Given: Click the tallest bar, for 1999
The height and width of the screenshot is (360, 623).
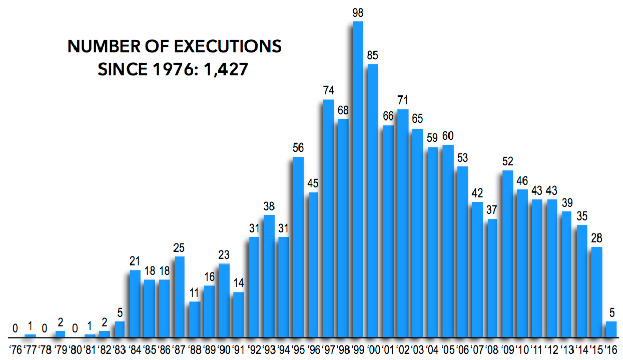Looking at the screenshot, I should click(358, 179).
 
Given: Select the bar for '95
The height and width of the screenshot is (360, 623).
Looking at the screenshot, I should click(298, 247).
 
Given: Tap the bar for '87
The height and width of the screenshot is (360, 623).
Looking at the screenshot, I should click(179, 297).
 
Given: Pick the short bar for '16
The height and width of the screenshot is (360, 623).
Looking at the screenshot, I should click(611, 329).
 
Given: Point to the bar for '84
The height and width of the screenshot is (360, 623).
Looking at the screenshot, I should click(135, 303).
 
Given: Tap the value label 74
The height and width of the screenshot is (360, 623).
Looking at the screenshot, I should click(328, 90).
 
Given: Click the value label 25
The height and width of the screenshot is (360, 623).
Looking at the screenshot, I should click(179, 248).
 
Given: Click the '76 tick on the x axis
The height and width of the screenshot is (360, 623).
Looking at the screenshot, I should click(15, 350).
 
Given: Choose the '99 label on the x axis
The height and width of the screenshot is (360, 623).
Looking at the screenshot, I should click(358, 350).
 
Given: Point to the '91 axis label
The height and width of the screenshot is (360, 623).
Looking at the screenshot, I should click(238, 350).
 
